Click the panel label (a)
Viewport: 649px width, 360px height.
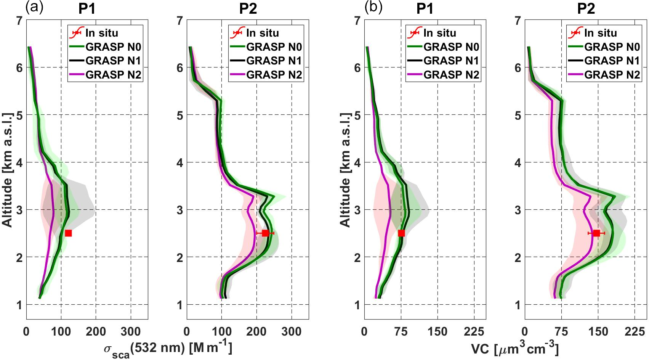pyautogui.click(x=34, y=7)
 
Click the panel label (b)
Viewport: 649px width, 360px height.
pyautogui.click(x=373, y=7)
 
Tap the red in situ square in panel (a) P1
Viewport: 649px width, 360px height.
pyautogui.click(x=68, y=233)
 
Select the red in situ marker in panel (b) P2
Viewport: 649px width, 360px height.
pyautogui.click(x=596, y=233)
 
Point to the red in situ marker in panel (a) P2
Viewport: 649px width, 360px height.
pyautogui.click(x=265, y=233)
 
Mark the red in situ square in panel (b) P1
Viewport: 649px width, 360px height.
pyautogui.click(x=401, y=233)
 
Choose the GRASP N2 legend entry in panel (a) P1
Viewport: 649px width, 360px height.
pyautogui.click(x=113, y=75)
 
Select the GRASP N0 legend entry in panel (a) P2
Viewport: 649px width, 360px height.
pyautogui.click(x=274, y=47)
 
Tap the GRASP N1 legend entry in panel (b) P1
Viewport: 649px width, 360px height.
pyautogui.click(x=451, y=61)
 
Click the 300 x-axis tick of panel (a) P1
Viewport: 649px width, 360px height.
pyautogui.click(x=131, y=331)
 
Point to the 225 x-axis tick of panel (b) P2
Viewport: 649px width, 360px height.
pyautogui.click(x=634, y=331)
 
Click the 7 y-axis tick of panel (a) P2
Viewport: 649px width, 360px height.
pyautogui.click(x=180, y=20)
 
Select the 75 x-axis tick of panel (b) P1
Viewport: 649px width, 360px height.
pyautogui.click(x=401, y=331)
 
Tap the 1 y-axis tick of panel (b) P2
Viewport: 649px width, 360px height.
pyautogui.click(x=518, y=305)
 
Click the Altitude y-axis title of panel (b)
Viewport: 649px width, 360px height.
pyautogui.click(x=345, y=170)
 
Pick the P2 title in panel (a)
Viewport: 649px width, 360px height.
pyautogui.click(x=248, y=8)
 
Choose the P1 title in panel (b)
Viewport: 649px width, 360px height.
pyautogui.click(x=425, y=8)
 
